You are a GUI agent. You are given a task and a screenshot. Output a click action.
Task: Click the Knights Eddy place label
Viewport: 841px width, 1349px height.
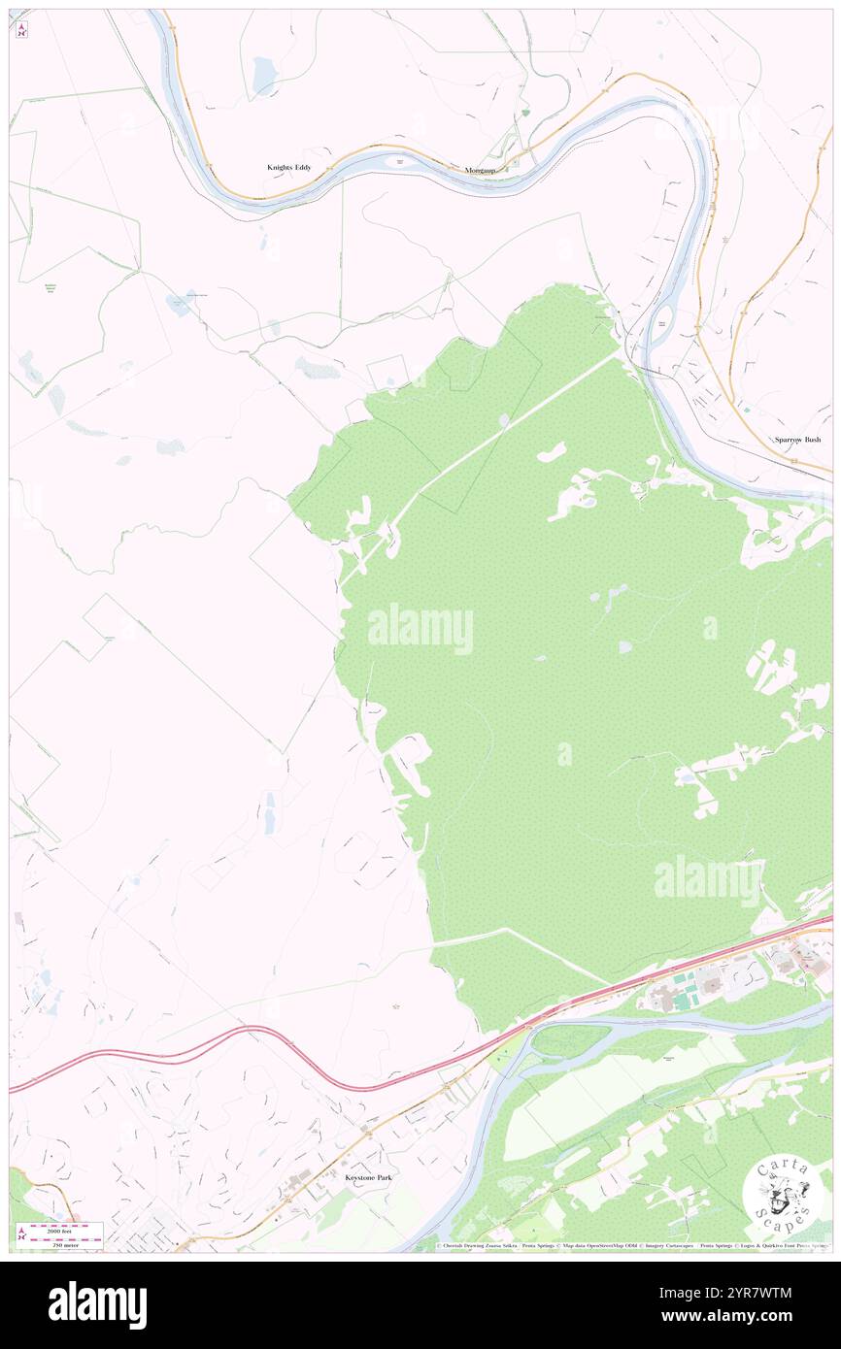pos(290,167)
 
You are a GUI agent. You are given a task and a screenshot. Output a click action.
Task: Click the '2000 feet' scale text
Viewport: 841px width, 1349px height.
pos(65,1227)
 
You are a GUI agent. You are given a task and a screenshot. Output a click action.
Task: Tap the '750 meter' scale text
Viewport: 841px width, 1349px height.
pos(65,1243)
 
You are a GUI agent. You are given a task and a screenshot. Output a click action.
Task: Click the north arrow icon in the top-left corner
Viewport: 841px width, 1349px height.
pos(21,29)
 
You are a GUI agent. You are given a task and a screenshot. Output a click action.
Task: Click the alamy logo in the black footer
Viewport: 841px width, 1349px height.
pos(97,1305)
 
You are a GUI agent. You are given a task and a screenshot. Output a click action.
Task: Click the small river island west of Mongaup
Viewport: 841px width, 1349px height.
pos(398,161)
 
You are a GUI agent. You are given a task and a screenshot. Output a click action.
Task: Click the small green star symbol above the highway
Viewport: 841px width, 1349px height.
pos(394,1006)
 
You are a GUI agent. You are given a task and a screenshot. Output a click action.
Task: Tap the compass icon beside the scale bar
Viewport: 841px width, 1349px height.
pos(21,1234)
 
